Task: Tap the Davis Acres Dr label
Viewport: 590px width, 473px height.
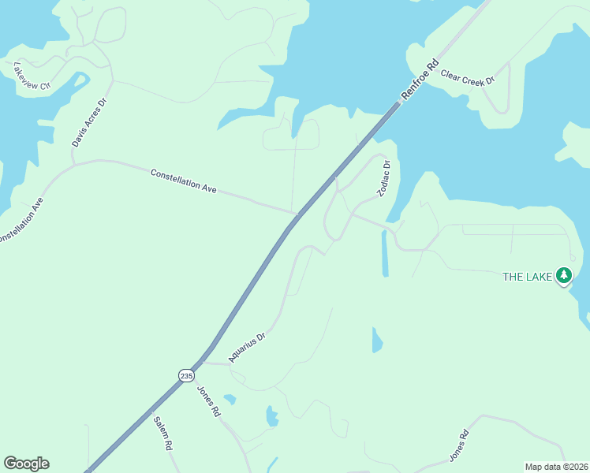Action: [x=88, y=123]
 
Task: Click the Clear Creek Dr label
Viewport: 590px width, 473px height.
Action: [x=467, y=77]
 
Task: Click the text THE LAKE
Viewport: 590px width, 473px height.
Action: [x=527, y=277]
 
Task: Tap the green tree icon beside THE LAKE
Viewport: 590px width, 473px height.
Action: [x=563, y=275]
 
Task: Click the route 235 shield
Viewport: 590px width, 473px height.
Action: [x=185, y=376]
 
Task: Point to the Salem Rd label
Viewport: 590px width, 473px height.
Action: [x=163, y=433]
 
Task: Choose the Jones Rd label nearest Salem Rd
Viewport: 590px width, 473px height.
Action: [x=208, y=401]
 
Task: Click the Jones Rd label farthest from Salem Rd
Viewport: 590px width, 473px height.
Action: [x=460, y=445]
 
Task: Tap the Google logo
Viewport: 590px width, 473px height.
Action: [x=26, y=464]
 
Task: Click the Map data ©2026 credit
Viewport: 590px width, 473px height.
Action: [x=556, y=467]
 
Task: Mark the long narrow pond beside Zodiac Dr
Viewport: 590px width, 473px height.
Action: [x=385, y=254]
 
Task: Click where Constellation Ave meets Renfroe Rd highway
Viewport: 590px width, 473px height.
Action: [x=297, y=214]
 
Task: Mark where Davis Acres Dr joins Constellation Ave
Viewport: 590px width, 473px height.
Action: [x=73, y=164]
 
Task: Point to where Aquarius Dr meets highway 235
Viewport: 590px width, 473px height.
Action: [x=204, y=363]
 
